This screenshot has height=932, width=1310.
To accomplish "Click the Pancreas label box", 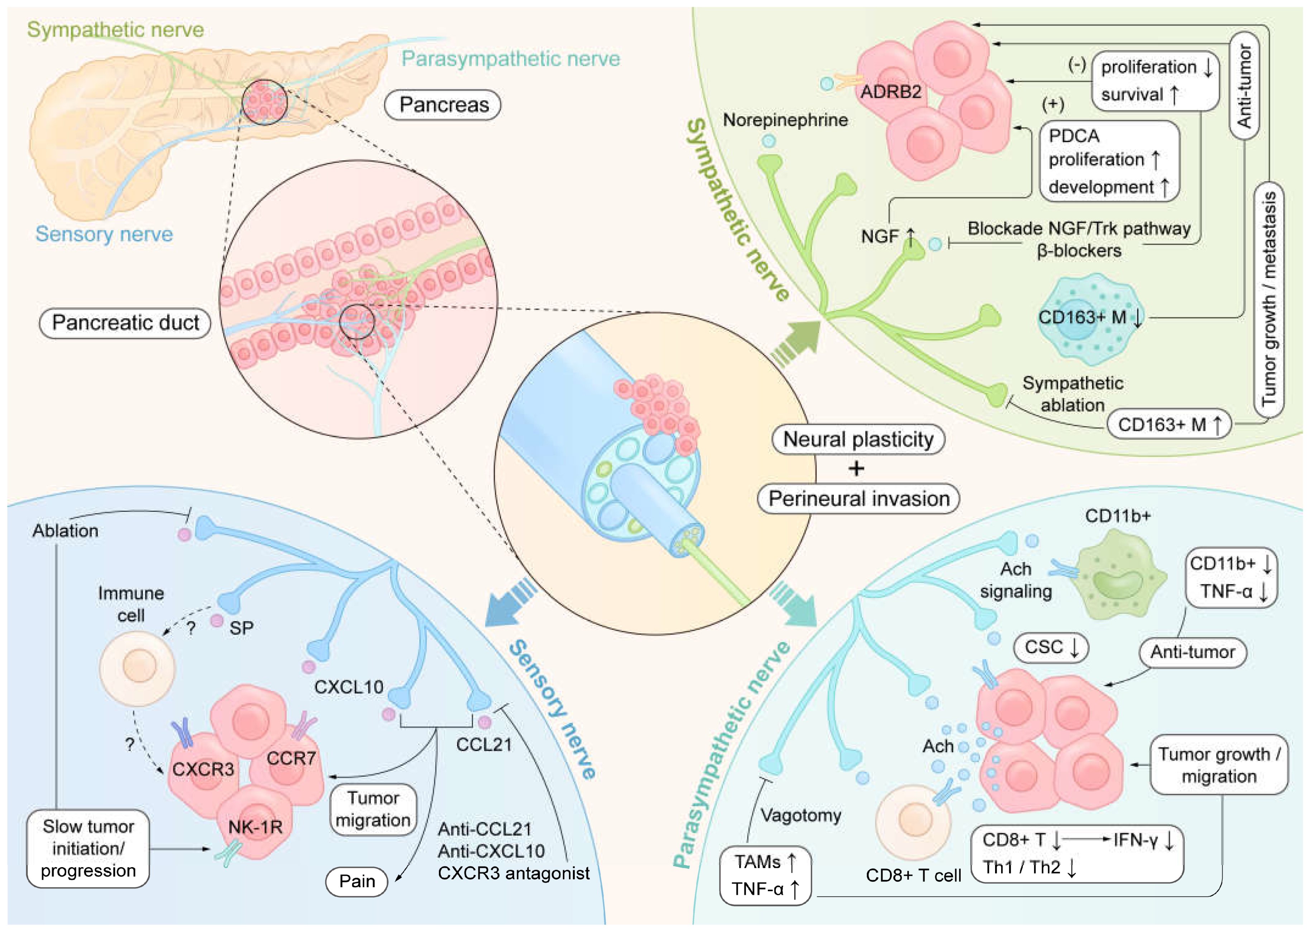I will click(443, 105).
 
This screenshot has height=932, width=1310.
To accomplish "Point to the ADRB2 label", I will click(890, 92).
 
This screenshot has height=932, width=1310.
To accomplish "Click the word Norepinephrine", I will click(785, 120).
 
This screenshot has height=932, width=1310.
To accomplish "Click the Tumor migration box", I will click(373, 809).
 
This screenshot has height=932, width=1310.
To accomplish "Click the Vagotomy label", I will click(800, 815).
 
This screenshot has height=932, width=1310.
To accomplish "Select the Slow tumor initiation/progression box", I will click(88, 849).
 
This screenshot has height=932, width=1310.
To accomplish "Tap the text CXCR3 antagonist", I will click(513, 873).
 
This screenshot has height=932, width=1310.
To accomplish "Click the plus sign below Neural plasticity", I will click(856, 469).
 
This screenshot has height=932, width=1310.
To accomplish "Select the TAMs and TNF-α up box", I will click(765, 875).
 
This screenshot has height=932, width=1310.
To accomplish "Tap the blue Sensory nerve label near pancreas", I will click(104, 234).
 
